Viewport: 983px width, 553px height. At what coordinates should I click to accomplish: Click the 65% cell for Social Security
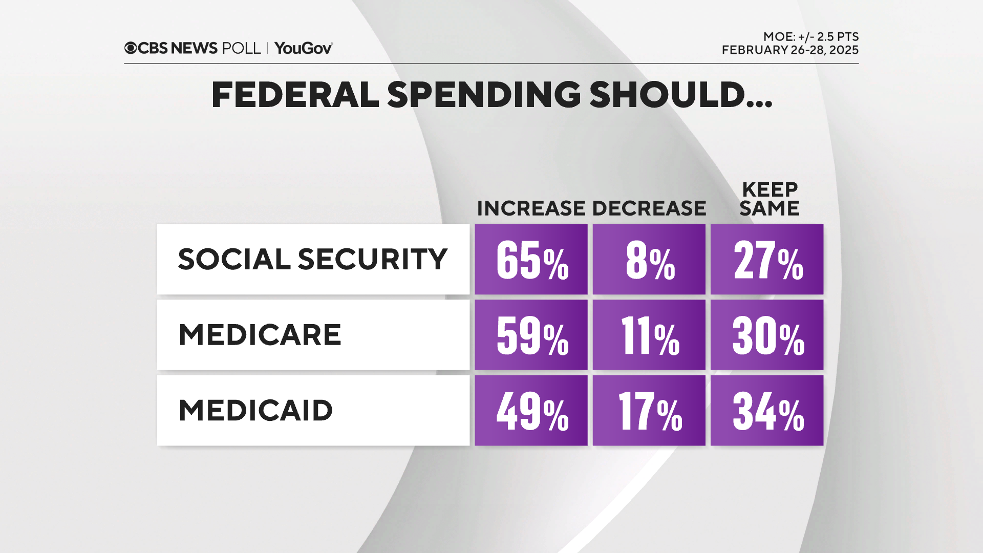[531, 260]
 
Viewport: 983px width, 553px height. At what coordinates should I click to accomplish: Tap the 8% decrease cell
[649, 260]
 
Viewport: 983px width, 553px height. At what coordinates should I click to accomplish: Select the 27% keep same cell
[767, 260]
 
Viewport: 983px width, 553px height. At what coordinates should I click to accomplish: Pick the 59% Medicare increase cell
[531, 335]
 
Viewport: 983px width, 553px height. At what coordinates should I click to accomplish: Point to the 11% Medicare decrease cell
[649, 335]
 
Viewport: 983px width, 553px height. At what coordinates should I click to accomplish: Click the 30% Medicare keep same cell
[767, 335]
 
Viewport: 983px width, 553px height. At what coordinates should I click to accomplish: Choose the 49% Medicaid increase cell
[531, 411]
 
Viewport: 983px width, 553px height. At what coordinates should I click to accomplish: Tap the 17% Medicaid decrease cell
[649, 411]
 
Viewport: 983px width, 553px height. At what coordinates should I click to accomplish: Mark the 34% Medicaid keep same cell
[767, 411]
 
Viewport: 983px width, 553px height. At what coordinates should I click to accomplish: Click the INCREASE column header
[531, 208]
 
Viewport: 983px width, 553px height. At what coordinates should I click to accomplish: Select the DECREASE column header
[649, 208]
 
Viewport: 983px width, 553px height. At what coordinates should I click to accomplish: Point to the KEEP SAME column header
[770, 199]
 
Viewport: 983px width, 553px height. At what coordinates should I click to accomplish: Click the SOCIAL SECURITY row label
[312, 259]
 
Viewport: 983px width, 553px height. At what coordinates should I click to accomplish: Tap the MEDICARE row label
[260, 335]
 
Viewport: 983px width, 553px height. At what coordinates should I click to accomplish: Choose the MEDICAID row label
[255, 411]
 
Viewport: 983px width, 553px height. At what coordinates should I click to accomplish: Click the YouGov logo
[303, 48]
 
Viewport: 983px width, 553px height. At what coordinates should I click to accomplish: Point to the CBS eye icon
[131, 48]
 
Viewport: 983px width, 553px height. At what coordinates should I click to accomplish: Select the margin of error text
[810, 37]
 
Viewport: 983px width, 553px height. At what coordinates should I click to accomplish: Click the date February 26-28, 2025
[790, 50]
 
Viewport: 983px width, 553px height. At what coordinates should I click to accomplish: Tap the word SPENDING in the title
[484, 95]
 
